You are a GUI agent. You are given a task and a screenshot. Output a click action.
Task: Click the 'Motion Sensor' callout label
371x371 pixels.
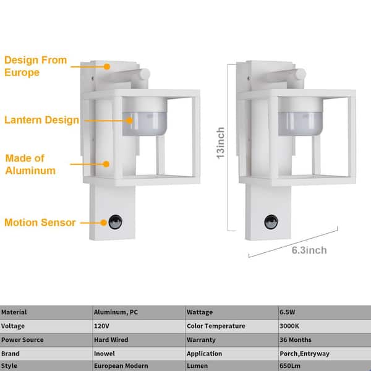click(x=40, y=223)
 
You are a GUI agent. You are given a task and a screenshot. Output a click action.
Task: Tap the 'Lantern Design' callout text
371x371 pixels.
click(x=41, y=120)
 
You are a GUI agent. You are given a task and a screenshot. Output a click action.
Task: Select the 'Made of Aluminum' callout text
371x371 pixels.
click(x=30, y=164)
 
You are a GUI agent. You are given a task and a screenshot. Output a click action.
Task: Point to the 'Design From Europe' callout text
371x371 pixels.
click(x=36, y=66)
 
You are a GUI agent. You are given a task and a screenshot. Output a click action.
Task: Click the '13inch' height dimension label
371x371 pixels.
click(x=221, y=143)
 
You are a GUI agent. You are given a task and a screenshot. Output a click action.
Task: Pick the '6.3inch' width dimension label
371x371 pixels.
click(x=309, y=250)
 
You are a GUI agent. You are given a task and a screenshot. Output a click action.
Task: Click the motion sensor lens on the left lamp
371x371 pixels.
click(x=116, y=222)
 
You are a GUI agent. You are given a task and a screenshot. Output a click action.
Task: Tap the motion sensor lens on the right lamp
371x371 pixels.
click(x=271, y=222)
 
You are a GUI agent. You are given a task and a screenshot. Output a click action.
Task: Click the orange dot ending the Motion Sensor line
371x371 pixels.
click(x=103, y=223)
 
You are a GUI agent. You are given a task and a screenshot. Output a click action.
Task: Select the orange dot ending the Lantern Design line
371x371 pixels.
click(x=129, y=121)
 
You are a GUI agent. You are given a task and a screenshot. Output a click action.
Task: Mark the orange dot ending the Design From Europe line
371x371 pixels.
click(x=107, y=67)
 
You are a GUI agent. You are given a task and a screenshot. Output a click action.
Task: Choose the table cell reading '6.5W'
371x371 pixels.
click(x=288, y=312)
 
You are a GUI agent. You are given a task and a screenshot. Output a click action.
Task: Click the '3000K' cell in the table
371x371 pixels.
click(x=289, y=326)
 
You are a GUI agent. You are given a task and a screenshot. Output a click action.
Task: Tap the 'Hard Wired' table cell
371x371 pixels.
click(x=111, y=339)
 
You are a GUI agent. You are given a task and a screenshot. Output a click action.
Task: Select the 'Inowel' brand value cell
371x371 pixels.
click(x=104, y=354)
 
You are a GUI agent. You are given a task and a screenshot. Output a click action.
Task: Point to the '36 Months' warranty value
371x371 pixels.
click(x=296, y=339)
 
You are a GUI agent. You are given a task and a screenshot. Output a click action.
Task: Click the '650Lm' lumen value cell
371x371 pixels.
click(x=290, y=366)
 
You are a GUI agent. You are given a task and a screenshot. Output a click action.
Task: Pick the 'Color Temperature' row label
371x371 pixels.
click(x=216, y=326)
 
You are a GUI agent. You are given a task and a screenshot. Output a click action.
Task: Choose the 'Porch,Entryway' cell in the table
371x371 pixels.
click(x=304, y=354)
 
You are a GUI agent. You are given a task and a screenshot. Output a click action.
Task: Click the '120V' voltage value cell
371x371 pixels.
click(x=101, y=326)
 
